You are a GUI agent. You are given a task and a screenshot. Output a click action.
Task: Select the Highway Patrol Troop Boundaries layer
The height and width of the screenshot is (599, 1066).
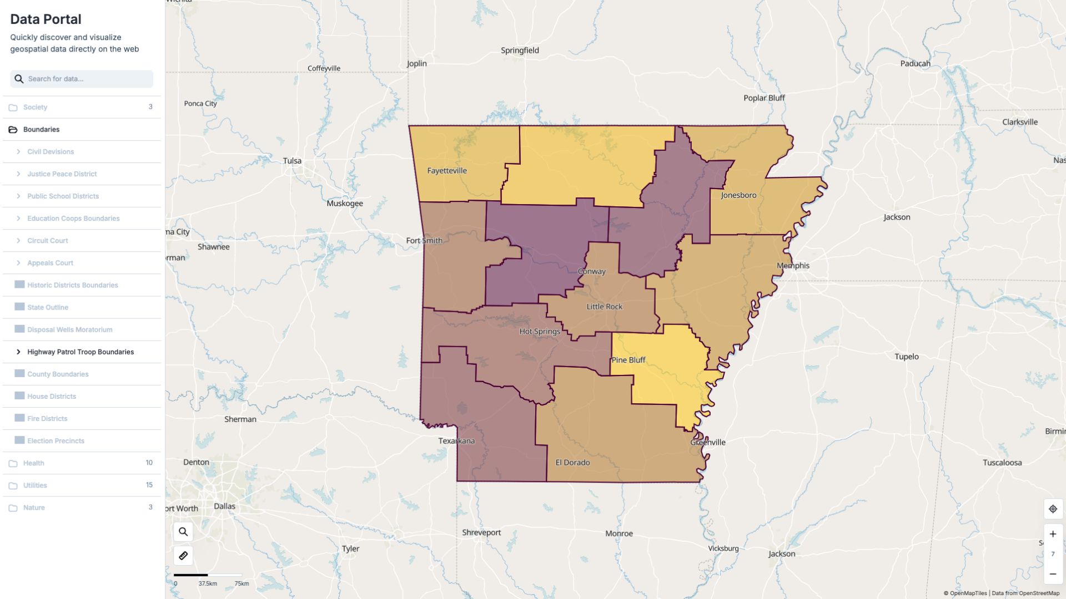click(x=81, y=352)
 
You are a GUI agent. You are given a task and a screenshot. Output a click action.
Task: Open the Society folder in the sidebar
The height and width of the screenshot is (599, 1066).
click(x=35, y=107)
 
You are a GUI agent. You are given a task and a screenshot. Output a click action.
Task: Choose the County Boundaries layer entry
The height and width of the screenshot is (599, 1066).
click(x=58, y=374)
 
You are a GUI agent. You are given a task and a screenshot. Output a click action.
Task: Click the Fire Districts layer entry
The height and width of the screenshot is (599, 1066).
click(x=47, y=418)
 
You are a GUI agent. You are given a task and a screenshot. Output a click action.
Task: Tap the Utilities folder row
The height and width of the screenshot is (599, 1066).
click(x=35, y=485)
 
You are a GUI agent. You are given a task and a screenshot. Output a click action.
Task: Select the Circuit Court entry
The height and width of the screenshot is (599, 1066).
click(x=48, y=241)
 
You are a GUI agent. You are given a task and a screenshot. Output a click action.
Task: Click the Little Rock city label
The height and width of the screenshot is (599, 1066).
click(x=604, y=306)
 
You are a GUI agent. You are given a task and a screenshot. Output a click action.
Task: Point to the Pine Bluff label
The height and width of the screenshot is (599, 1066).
click(x=628, y=359)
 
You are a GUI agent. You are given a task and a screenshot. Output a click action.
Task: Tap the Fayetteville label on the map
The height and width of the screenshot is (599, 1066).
click(x=446, y=170)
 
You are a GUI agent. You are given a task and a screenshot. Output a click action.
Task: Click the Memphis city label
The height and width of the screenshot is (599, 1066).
click(x=792, y=265)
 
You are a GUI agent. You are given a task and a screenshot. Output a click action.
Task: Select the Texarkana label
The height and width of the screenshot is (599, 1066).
click(x=456, y=440)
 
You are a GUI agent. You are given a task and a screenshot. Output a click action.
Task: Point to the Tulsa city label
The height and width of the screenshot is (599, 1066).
click(x=292, y=161)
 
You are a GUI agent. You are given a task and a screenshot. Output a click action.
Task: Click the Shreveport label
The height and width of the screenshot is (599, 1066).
click(x=481, y=532)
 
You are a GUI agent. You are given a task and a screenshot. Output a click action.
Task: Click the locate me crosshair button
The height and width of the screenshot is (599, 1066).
click(x=1053, y=509)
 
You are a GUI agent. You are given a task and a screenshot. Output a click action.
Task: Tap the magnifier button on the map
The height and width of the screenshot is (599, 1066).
click(x=183, y=532)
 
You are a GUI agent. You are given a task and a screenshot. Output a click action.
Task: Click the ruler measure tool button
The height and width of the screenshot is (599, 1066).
click(x=183, y=555)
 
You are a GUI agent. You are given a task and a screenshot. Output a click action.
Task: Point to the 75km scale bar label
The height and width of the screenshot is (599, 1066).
click(x=242, y=583)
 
